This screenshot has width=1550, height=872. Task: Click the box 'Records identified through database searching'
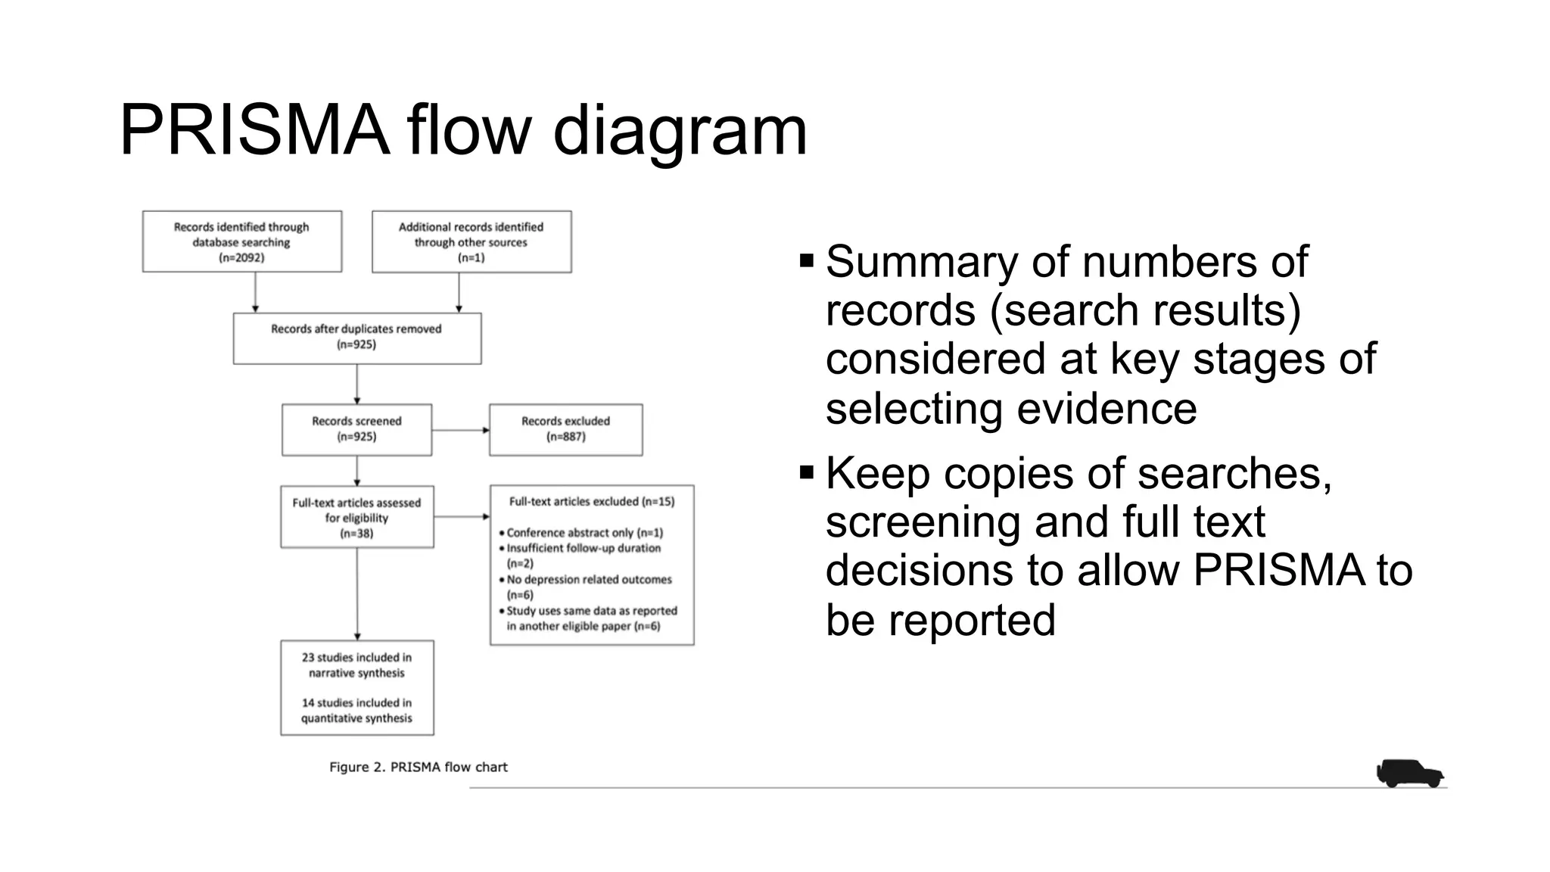pyautogui.click(x=241, y=241)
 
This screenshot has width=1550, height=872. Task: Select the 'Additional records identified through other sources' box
pyautogui.click(x=471, y=241)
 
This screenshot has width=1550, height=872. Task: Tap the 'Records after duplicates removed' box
pyautogui.click(x=356, y=338)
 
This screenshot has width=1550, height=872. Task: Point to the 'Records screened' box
pyautogui.click(x=356, y=429)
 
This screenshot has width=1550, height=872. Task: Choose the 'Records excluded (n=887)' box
pyautogui.click(x=565, y=429)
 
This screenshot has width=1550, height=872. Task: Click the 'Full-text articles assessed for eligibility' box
pyautogui.click(x=356, y=517)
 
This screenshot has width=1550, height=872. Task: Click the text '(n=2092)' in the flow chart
pyautogui.click(x=241, y=258)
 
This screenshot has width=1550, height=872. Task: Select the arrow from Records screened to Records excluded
pyautogui.click(x=460, y=430)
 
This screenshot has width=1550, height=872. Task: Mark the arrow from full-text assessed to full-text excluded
pyautogui.click(x=462, y=517)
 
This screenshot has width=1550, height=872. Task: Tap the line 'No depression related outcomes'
pyautogui.click(x=589, y=580)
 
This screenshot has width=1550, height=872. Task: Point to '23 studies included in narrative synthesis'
pyautogui.click(x=356, y=665)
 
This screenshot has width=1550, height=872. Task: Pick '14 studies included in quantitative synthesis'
pyautogui.click(x=356, y=711)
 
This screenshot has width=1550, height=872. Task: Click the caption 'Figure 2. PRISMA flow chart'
pyautogui.click(x=418, y=768)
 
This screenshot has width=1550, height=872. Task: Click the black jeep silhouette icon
pyautogui.click(x=1408, y=774)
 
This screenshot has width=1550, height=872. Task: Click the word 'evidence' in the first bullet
pyautogui.click(x=1106, y=409)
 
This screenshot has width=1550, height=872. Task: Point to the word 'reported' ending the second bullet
pyautogui.click(x=971, y=620)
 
